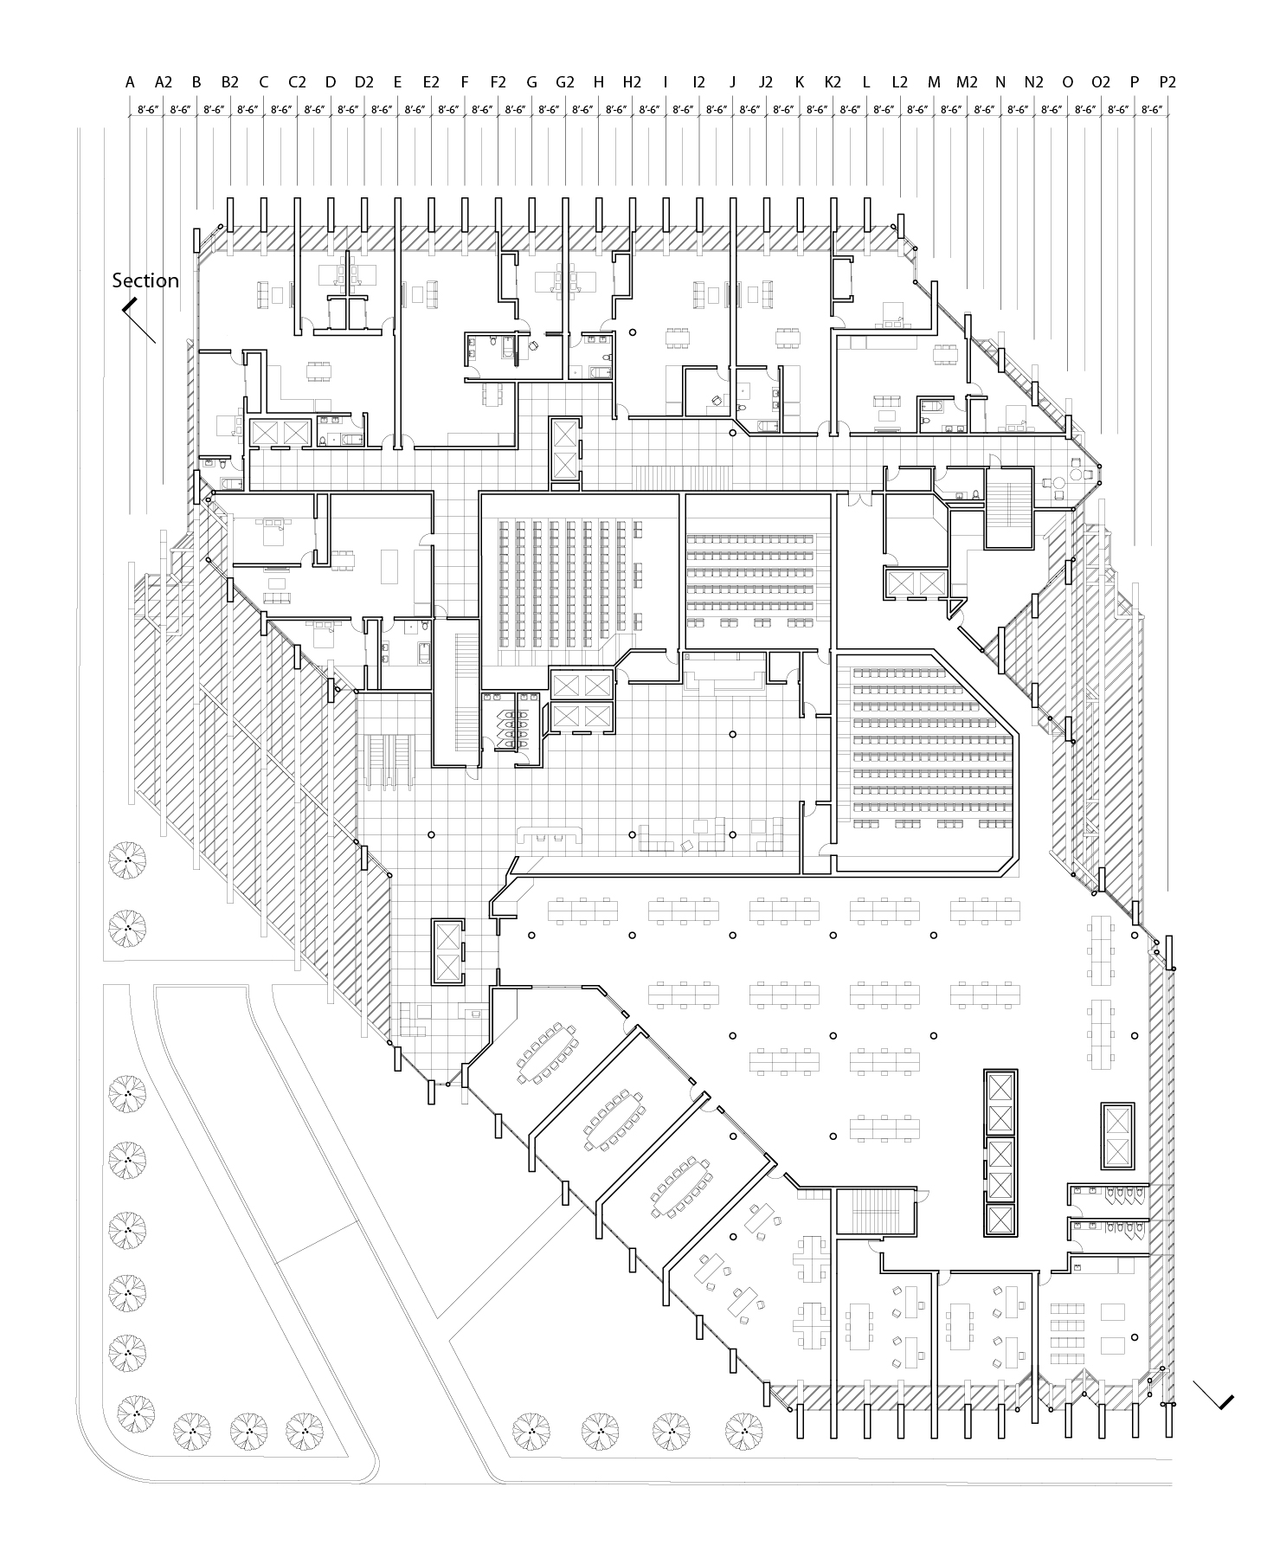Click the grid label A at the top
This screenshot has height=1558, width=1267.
pos(130,82)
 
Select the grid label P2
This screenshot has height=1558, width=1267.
pos(1167,82)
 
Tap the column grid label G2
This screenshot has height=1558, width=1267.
pos(565,82)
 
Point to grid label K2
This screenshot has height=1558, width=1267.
pos(833,82)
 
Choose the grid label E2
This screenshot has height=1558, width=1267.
pos(431,82)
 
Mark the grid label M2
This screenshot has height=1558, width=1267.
pos(967,82)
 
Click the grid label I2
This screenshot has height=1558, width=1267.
pos(698,82)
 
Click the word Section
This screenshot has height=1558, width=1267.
pos(145,280)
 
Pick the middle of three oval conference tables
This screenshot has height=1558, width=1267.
pos(614,1117)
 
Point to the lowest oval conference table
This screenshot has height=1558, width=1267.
pos(681,1183)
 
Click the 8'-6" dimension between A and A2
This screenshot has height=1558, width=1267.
pos(147,110)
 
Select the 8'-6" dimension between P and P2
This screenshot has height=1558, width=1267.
pos(1151,110)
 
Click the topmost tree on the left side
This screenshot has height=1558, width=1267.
pos(127,859)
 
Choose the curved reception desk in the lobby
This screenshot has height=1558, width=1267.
pos(550,833)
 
